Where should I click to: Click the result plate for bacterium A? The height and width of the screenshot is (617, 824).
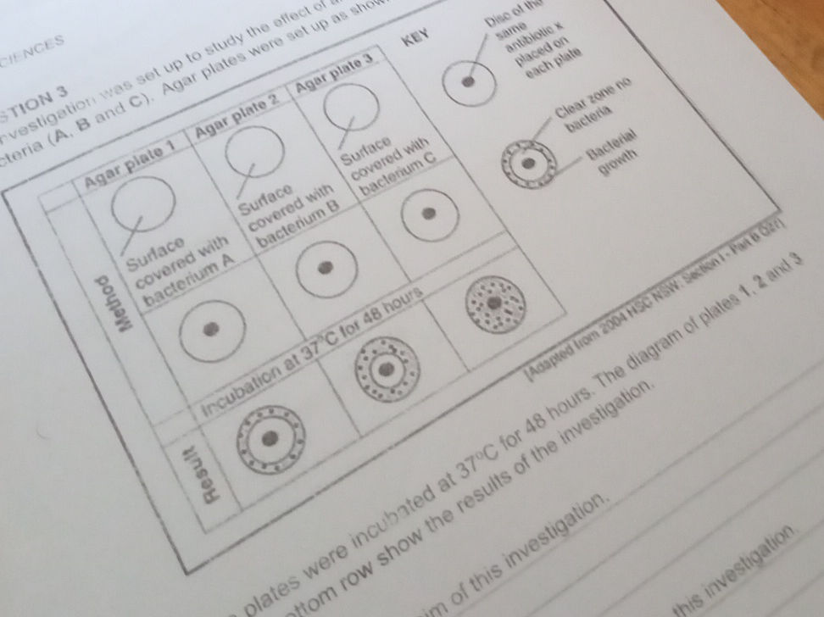[270, 438]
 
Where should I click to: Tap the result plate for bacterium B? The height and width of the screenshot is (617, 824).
[387, 369]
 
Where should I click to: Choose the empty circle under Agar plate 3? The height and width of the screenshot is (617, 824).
[350, 107]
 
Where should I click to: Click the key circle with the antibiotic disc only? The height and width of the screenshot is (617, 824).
[469, 81]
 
